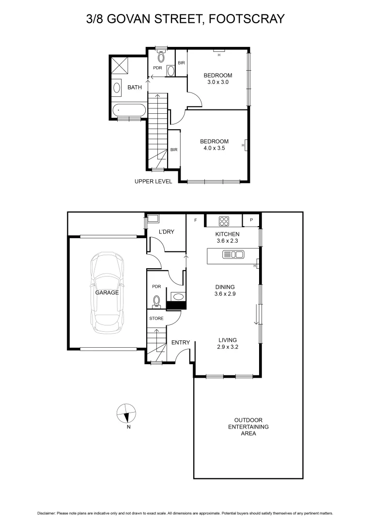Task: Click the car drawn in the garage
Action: pos(107,293)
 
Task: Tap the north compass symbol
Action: pos(125,414)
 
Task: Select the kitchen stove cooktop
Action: pos(224,221)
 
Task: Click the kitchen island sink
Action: pos(232,255)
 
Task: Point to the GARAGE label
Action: pos(106,292)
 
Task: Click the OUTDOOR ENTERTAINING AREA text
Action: pos(248,427)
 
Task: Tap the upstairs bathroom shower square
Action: pos(120,64)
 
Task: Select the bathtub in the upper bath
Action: pos(128,110)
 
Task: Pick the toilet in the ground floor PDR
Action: pos(156,302)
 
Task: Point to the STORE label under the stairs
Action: pos(156,319)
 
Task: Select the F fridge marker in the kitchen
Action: pos(195,220)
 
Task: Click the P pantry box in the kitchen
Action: pos(251,220)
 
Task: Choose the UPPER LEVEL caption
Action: pos(153,182)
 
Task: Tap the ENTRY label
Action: pos(181,343)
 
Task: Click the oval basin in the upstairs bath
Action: pos(117,88)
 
